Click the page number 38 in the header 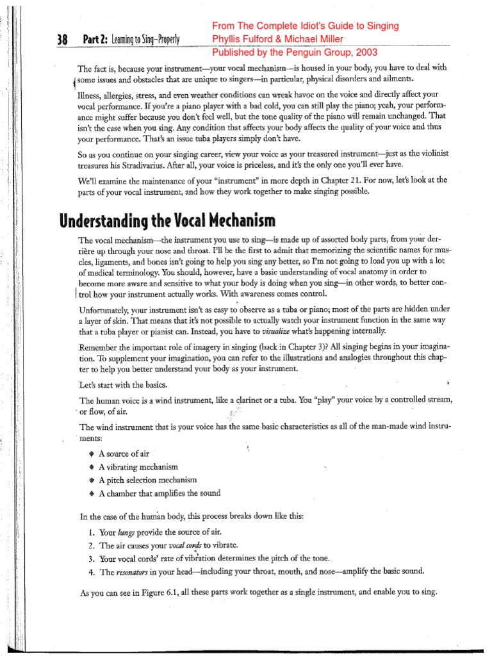coord(63,40)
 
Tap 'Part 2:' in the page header coord(95,40)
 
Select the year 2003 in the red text coord(364,53)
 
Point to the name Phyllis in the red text coord(232,39)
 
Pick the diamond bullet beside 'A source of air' coord(92,454)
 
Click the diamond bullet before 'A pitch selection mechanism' coord(92,480)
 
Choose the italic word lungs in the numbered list coord(127,532)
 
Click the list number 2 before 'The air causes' coord(91,546)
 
